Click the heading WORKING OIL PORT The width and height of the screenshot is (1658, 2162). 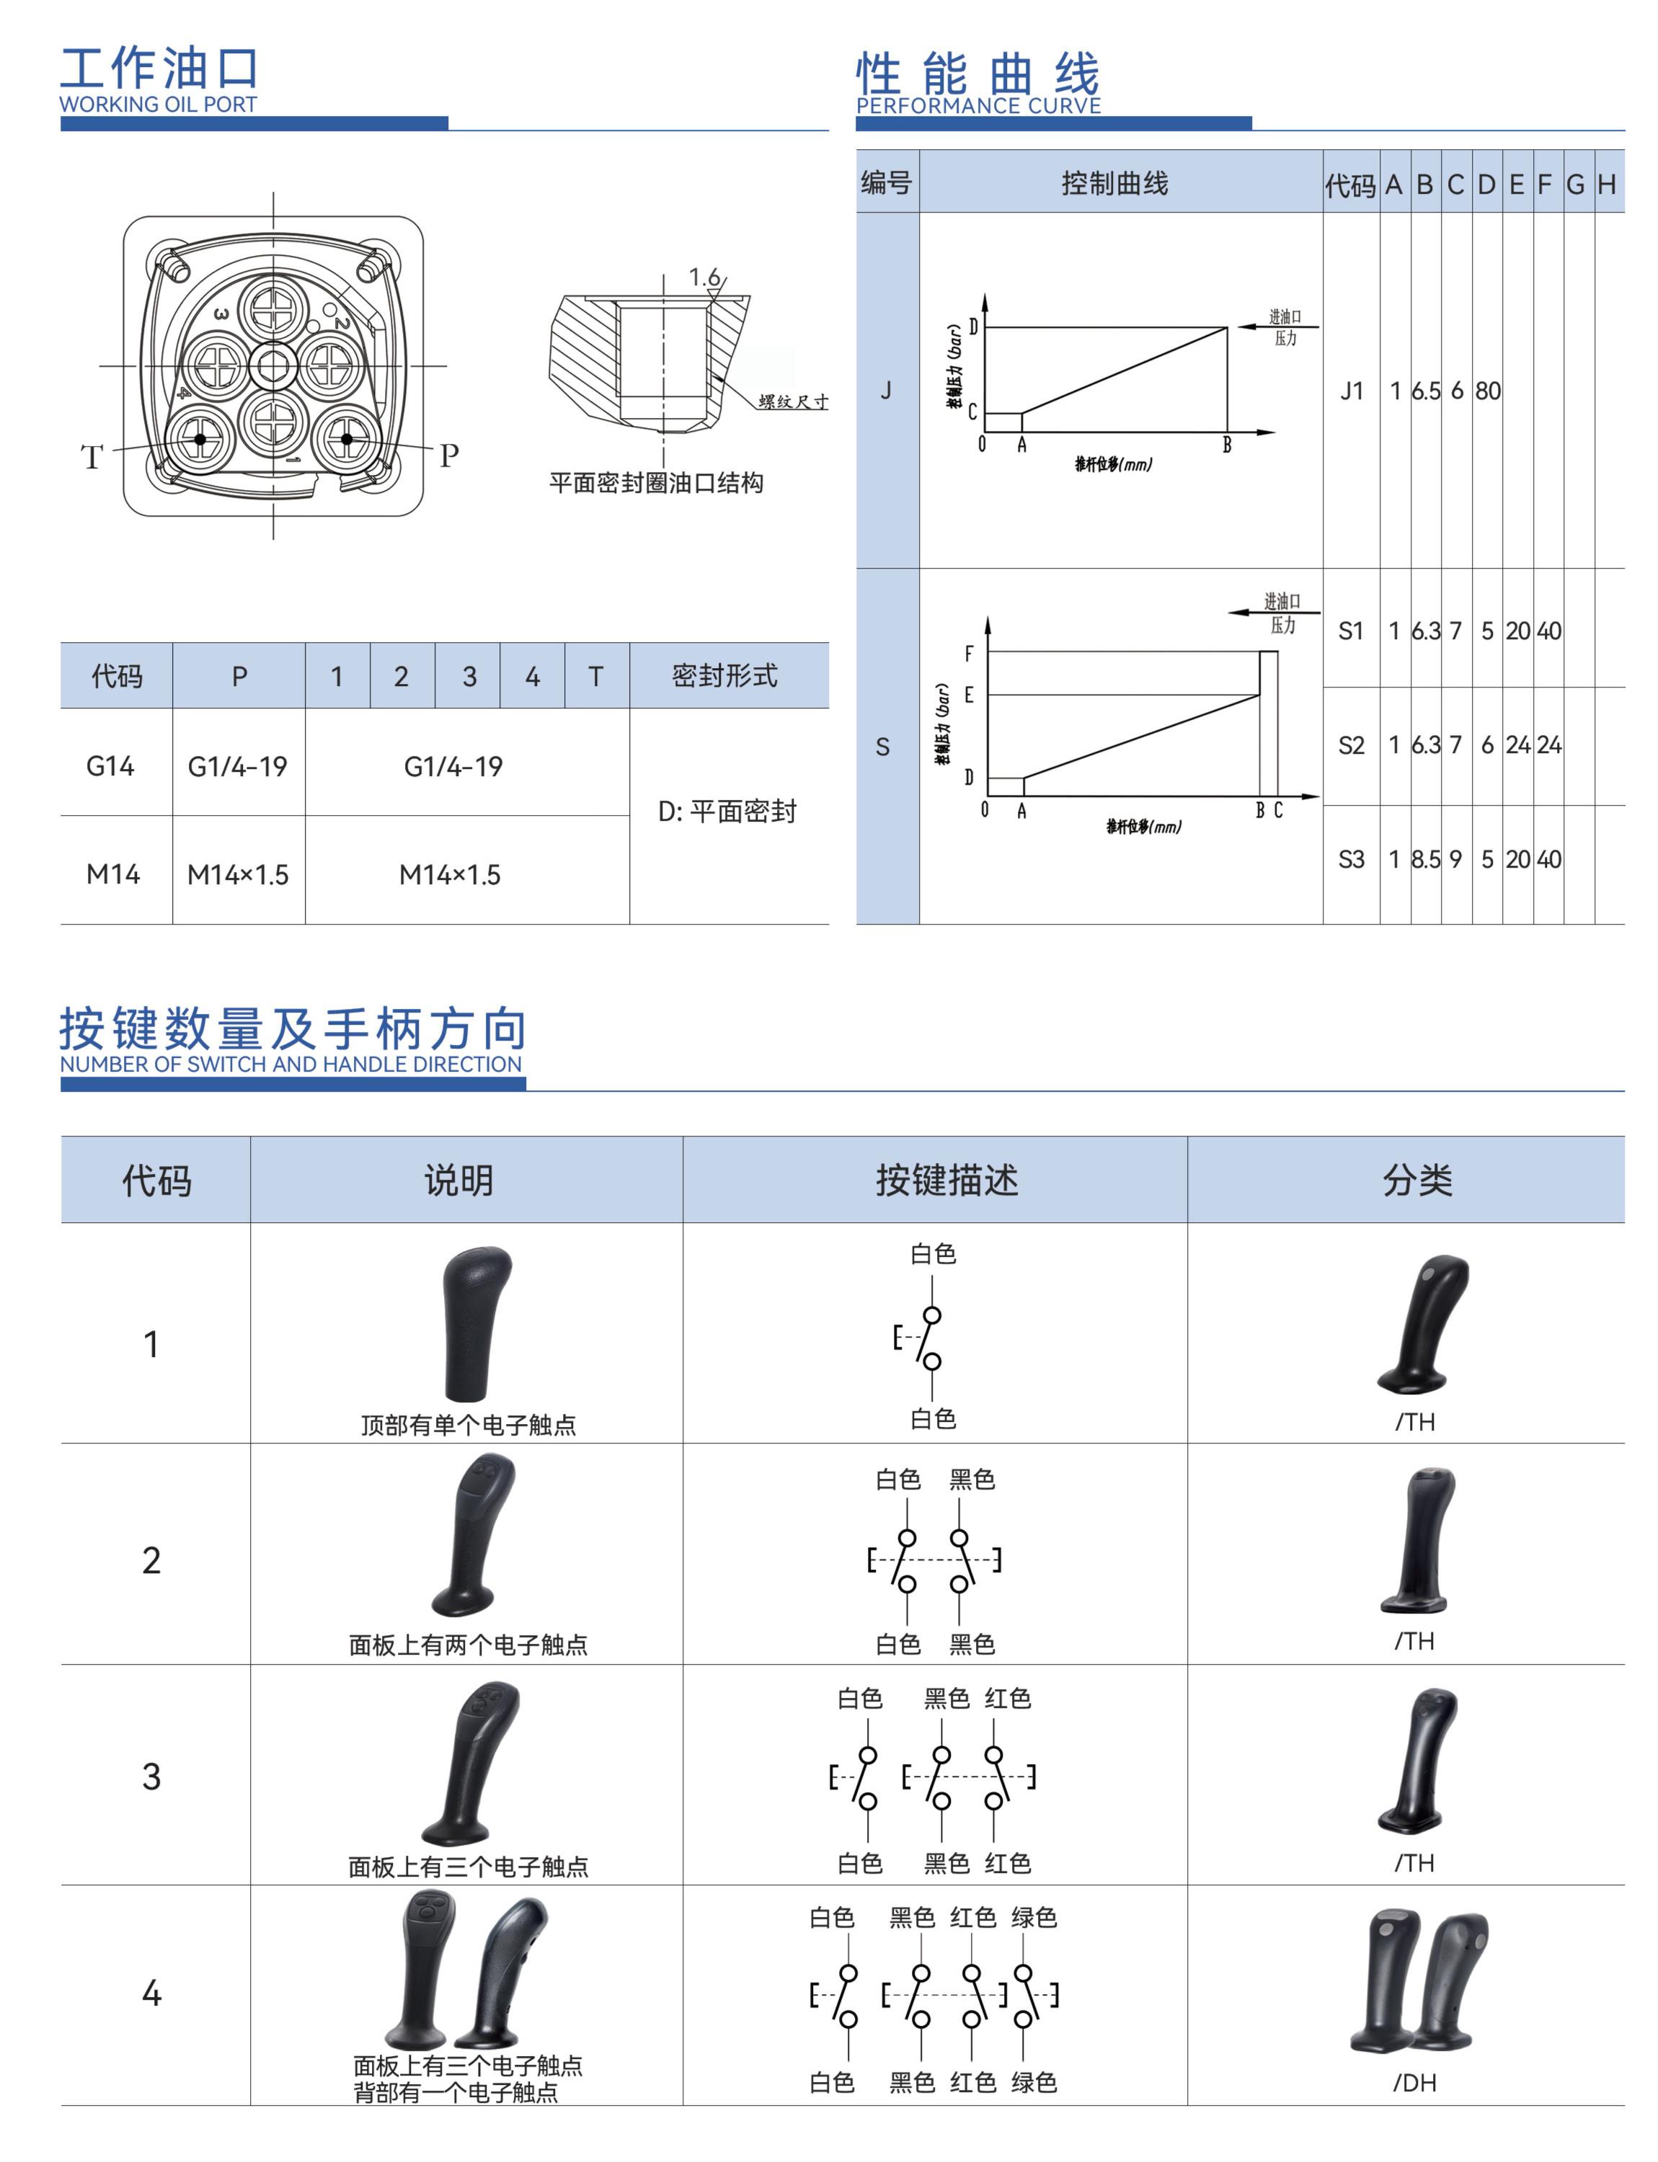[158, 104]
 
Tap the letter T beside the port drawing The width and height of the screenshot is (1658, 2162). [92, 457]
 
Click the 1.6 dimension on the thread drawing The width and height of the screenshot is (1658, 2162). [704, 277]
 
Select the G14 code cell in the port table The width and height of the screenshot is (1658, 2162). [110, 766]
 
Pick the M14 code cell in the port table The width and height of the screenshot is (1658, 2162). [112, 874]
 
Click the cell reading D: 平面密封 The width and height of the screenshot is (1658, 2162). [727, 811]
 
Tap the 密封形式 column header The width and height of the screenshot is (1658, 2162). [724, 676]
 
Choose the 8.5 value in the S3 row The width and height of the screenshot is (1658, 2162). [1425, 860]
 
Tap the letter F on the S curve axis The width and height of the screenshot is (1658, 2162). [968, 653]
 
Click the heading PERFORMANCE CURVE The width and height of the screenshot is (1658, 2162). [978, 106]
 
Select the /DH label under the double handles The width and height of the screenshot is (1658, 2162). [1414, 2083]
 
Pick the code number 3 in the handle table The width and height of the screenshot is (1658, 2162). [151, 1776]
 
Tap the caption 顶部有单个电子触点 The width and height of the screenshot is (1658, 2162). [468, 1425]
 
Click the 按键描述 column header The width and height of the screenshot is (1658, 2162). [947, 1180]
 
